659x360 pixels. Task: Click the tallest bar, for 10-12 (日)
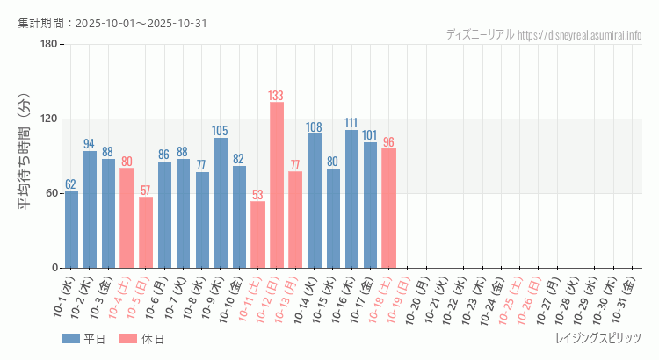coord(276,184)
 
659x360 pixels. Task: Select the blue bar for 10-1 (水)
coord(71,229)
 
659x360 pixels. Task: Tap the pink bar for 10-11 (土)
coord(257,234)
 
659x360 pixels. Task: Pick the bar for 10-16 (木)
coord(351,198)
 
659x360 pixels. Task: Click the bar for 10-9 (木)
coord(221,202)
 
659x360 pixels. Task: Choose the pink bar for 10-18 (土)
coord(388,208)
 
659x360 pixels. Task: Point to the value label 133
coord(276,95)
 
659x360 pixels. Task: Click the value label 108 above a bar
coord(314,126)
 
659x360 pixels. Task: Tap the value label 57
coord(146,190)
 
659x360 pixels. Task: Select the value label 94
coord(90,144)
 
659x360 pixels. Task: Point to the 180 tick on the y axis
coord(48,45)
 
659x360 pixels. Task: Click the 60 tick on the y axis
coord(51,193)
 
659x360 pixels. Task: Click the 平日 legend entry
coord(84,339)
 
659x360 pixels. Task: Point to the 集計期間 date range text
coord(112,23)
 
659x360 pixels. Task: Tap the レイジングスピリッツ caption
coord(598,339)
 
